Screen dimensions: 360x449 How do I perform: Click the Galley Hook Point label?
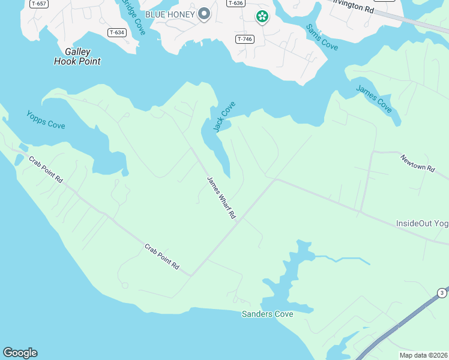(x=77, y=56)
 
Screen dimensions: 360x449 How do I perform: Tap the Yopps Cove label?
(x=46, y=120)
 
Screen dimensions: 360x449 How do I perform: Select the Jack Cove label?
(x=224, y=116)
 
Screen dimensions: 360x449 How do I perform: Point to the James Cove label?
(x=374, y=98)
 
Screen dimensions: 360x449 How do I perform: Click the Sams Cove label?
(x=322, y=37)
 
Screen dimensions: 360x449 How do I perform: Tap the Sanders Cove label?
(x=267, y=314)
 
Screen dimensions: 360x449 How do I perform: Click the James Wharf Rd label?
(x=221, y=197)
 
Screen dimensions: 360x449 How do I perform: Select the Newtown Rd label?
(x=417, y=163)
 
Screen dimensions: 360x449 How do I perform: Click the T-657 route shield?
(x=38, y=3)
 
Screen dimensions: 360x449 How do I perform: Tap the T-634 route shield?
(x=117, y=32)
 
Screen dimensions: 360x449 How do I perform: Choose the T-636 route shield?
(x=236, y=3)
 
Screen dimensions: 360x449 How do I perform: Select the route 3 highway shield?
(x=442, y=293)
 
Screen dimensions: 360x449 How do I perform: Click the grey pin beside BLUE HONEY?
(x=204, y=13)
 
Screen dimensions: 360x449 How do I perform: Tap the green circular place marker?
(x=262, y=17)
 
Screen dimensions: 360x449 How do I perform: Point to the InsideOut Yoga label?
(x=422, y=223)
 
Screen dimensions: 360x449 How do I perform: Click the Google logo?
(x=20, y=353)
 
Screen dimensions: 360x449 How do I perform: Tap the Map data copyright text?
(x=424, y=355)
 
